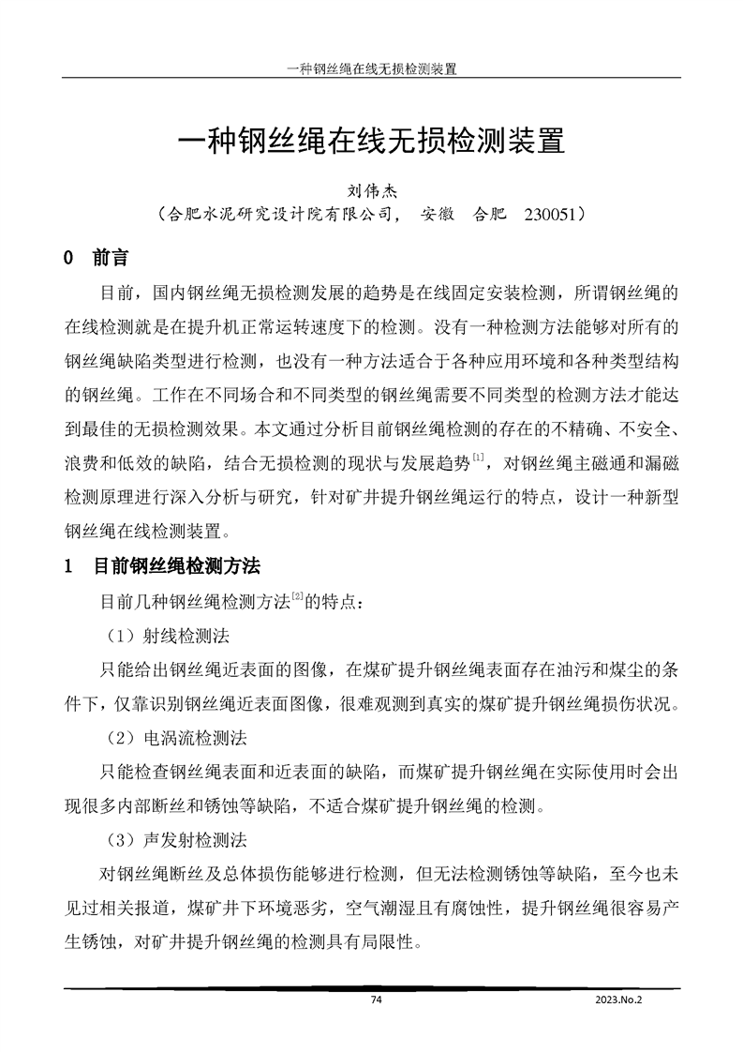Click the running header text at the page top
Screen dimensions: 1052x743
coord(370,68)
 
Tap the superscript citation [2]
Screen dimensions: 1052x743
coord(295,595)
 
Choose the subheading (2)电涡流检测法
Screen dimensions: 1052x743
coord(175,738)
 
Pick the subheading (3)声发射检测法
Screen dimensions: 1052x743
coord(175,839)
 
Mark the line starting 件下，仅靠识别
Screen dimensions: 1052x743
coord(371,703)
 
